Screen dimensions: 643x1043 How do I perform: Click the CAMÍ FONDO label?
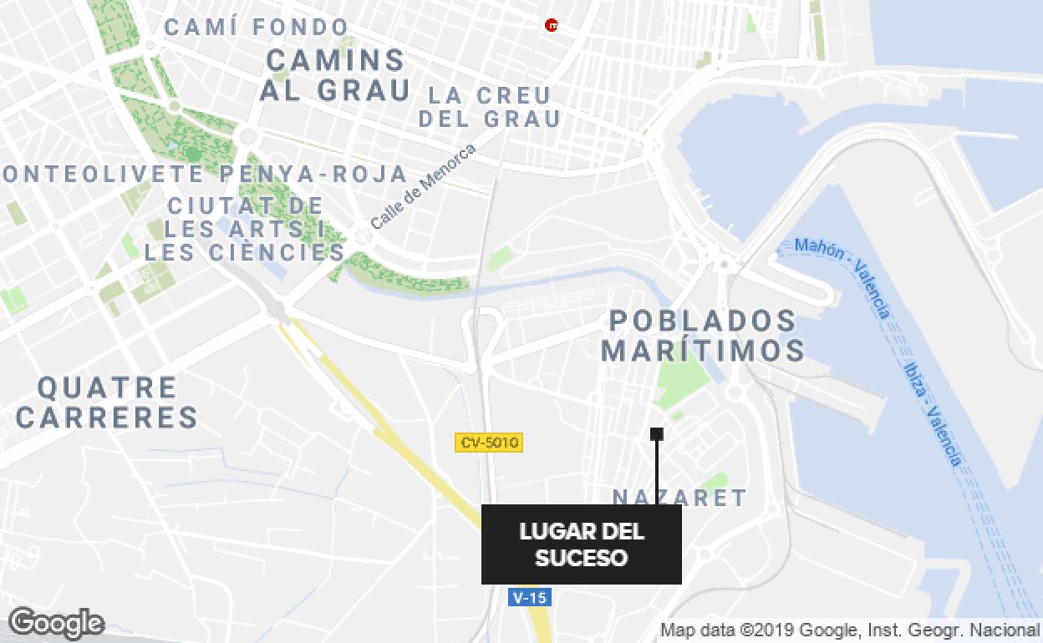(256, 28)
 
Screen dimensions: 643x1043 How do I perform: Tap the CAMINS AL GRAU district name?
(335, 74)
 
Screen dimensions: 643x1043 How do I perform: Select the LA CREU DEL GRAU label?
(489, 107)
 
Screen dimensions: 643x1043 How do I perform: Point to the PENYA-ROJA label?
(314, 175)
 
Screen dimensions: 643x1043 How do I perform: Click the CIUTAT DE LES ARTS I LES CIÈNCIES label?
(244, 228)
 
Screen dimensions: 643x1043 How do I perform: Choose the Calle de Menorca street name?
(423, 187)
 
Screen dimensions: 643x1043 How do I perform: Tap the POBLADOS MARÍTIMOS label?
(703, 335)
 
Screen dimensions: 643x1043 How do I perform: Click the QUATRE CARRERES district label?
(107, 402)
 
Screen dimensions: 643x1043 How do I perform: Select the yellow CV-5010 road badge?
(489, 443)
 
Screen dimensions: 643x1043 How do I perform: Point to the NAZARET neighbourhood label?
(679, 498)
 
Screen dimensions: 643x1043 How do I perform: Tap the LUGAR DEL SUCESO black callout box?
(582, 544)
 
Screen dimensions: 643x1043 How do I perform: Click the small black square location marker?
(657, 433)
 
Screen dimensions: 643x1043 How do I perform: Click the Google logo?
(57, 623)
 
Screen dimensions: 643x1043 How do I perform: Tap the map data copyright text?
(849, 630)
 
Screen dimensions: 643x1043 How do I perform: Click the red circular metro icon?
(551, 26)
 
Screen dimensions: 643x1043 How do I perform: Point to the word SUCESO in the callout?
(582, 557)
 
